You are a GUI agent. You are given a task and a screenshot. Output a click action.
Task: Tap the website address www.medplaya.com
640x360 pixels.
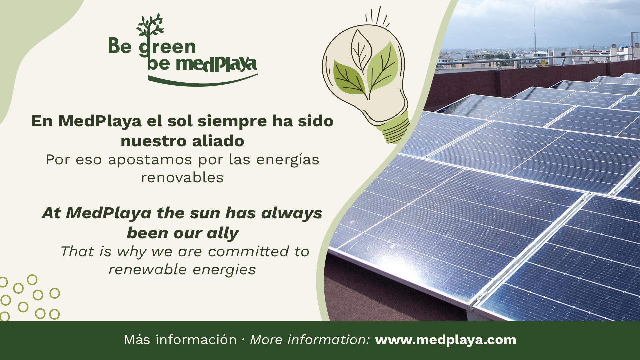click(x=446, y=340)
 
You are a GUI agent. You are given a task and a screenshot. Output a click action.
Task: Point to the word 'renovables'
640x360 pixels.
click(x=182, y=178)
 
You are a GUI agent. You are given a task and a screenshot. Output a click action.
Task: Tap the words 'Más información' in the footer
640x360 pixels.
click(x=180, y=340)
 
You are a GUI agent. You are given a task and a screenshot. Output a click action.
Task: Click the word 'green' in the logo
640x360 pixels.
click(x=167, y=47)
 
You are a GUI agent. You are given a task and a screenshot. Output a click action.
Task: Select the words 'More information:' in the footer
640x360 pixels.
click(x=310, y=340)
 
